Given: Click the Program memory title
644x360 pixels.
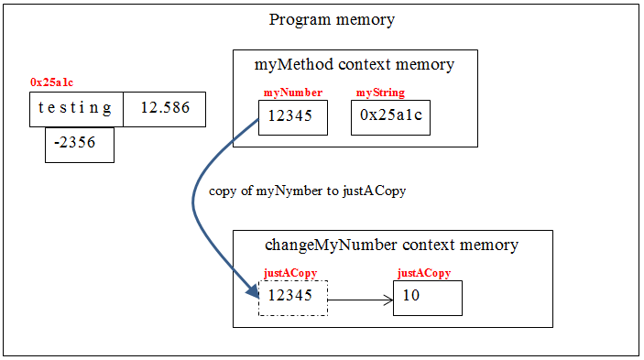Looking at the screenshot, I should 332,20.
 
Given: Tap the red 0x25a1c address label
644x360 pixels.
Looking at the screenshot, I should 51,82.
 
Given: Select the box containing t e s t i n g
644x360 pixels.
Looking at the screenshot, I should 76,108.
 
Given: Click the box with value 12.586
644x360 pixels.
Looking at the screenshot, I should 164,108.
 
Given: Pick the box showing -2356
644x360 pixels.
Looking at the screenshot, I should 80,145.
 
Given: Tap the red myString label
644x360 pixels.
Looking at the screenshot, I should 380,93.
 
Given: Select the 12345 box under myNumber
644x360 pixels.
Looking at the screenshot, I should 292,117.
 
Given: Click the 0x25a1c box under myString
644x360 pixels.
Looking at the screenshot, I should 390,117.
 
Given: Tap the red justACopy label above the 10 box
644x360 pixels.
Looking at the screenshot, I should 423,273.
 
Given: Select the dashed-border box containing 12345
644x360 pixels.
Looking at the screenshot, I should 292,298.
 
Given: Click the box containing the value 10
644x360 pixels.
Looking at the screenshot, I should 427,298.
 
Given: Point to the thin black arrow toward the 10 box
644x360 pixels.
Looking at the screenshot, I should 359,299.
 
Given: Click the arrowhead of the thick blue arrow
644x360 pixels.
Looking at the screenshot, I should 251,293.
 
